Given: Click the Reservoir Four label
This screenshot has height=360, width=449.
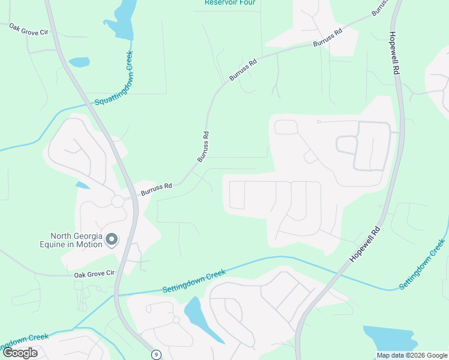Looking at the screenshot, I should pyautogui.click(x=230, y=2).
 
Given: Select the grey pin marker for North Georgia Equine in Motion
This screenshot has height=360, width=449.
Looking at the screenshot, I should pyautogui.click(x=112, y=240).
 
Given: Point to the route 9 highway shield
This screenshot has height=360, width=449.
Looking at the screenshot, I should pyautogui.click(x=156, y=355).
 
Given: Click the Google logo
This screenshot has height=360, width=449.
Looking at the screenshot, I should pyautogui.click(x=20, y=353).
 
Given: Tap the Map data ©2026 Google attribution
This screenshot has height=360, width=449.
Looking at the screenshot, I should pyautogui.click(x=412, y=355).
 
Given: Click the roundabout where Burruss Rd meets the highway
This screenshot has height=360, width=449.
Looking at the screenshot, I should pyautogui.click(x=117, y=201).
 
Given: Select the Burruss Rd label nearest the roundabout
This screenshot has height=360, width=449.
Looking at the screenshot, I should pyautogui.click(x=157, y=190).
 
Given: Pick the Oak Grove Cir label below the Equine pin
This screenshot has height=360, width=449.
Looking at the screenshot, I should pyautogui.click(x=94, y=274).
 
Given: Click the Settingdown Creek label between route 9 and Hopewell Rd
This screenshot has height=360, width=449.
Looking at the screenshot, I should pyautogui.click(x=194, y=281).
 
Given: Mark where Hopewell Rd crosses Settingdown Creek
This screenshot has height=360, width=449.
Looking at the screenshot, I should pyautogui.click(x=341, y=268).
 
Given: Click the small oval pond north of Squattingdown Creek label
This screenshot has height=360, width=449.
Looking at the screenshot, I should pyautogui.click(x=79, y=62).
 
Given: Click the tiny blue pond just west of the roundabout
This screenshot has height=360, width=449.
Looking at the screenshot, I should pyautogui.click(x=82, y=184).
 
